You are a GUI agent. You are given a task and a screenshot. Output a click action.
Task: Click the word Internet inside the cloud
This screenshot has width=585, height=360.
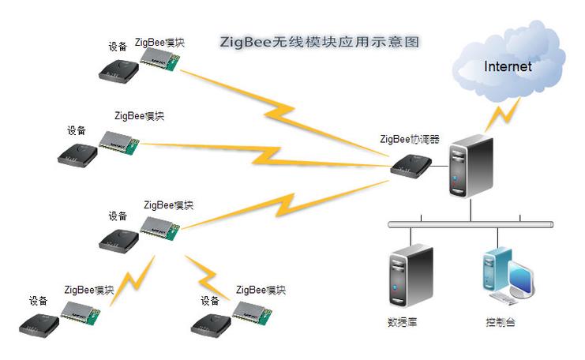pos(508,66)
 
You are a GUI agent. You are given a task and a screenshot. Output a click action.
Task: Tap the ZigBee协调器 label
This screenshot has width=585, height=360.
pos(410,140)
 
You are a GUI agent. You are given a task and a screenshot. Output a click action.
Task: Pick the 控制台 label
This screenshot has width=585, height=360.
pos(501,323)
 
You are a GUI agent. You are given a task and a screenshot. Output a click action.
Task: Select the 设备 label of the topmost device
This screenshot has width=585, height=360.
pos(118,47)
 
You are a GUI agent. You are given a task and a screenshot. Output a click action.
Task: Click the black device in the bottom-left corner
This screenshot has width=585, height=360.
pos(40,324)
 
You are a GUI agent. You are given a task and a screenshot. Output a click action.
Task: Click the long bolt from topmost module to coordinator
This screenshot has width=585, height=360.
pos(284,111)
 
